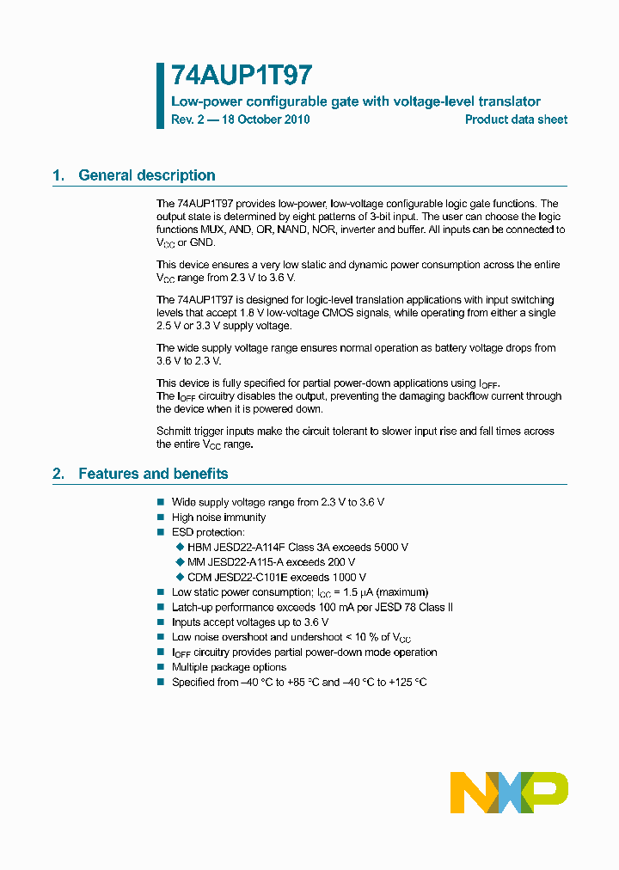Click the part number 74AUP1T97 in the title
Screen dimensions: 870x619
click(x=230, y=76)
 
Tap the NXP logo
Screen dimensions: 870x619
click(x=509, y=792)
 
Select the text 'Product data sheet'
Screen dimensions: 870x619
click(x=516, y=119)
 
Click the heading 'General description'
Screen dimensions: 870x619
click(x=147, y=175)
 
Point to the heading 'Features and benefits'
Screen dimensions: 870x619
click(x=153, y=474)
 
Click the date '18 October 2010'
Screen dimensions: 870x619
click(x=266, y=119)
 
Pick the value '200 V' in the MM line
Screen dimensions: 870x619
click(x=340, y=562)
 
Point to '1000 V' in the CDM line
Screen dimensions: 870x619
click(x=349, y=577)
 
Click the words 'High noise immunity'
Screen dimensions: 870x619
click(x=218, y=518)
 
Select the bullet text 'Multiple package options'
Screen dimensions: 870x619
click(x=229, y=667)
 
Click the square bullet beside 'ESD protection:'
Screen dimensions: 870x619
click(x=160, y=532)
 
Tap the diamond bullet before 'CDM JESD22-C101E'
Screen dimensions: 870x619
click(x=180, y=577)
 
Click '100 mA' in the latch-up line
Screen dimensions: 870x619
click(x=340, y=607)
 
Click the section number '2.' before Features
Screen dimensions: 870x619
click(x=58, y=474)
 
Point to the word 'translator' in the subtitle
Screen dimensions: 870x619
click(x=511, y=101)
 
